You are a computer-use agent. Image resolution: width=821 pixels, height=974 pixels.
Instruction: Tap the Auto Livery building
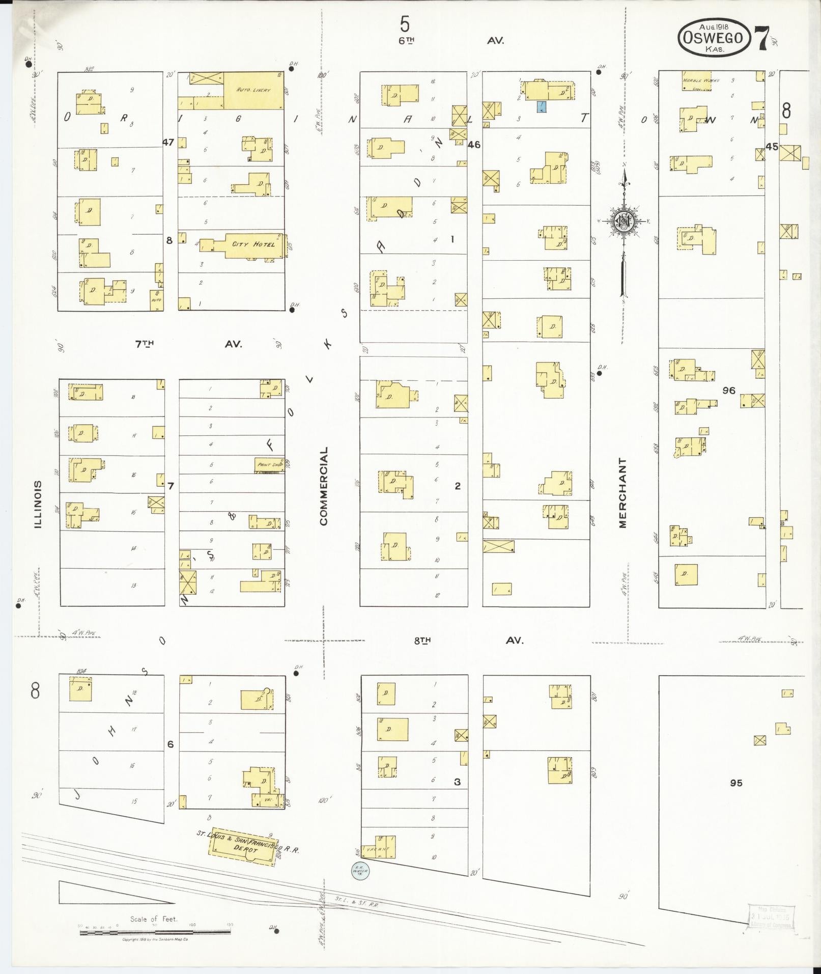click(x=253, y=90)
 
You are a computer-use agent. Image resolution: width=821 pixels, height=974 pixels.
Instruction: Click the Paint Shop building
click(x=269, y=465)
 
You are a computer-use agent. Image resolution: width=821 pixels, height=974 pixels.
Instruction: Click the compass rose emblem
click(x=622, y=220)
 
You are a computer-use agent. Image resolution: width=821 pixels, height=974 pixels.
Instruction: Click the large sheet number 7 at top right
click(x=762, y=38)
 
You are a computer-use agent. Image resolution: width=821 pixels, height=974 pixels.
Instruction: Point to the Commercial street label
click(x=324, y=486)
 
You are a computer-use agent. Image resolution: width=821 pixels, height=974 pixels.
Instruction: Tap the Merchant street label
click(x=622, y=492)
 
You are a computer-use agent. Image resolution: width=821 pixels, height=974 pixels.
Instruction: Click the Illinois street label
click(x=38, y=504)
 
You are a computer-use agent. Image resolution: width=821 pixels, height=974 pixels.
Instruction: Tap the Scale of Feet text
click(x=154, y=919)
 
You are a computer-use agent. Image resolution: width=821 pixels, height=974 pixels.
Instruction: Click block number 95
click(x=736, y=783)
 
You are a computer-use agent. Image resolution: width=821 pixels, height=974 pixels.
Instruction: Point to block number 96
click(x=729, y=391)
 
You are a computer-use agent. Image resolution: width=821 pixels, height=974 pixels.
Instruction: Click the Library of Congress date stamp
click(x=770, y=916)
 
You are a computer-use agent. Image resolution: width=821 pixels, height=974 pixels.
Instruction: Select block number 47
click(x=168, y=142)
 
